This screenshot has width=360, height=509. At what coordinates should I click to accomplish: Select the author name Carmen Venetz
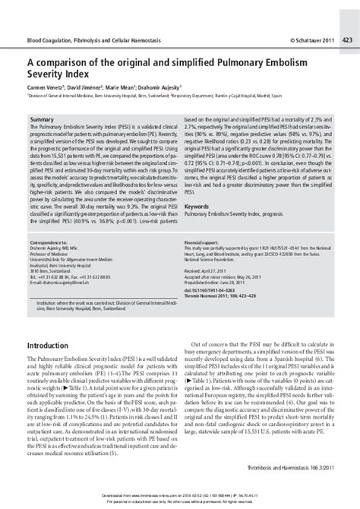(x=45, y=89)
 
